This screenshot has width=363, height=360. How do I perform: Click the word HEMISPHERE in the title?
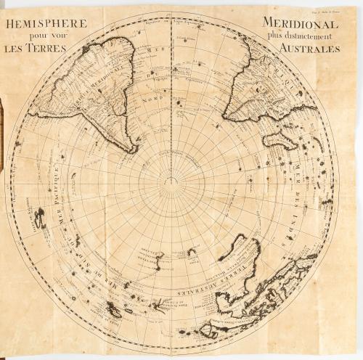pyautogui.click(x=46, y=24)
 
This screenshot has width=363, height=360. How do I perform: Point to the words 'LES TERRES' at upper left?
pyautogui.click(x=36, y=49)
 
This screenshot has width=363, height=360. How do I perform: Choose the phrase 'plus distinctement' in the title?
pyautogui.click(x=299, y=36)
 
